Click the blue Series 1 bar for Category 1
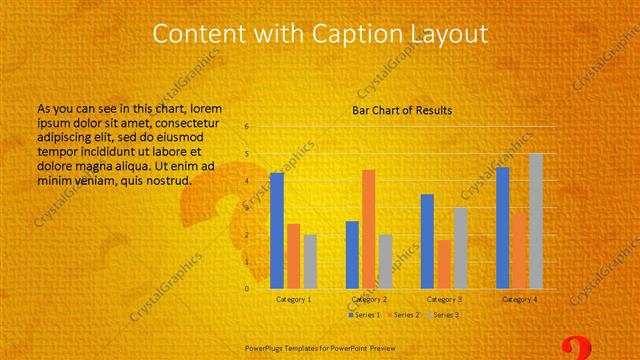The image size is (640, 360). (277, 231)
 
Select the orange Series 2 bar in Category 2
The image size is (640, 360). (368, 229)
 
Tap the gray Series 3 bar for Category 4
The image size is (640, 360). (536, 221)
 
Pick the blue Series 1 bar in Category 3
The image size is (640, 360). (427, 241)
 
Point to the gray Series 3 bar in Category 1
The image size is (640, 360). (310, 262)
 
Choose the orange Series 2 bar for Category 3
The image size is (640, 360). (443, 264)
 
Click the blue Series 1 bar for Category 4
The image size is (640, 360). (502, 228)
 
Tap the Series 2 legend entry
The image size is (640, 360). (401, 315)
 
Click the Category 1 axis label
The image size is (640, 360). (293, 299)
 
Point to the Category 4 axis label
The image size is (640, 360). (519, 299)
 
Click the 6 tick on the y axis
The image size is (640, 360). (247, 127)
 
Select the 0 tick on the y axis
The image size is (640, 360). (247, 289)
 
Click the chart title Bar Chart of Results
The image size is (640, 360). (402, 109)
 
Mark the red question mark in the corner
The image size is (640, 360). (575, 348)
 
